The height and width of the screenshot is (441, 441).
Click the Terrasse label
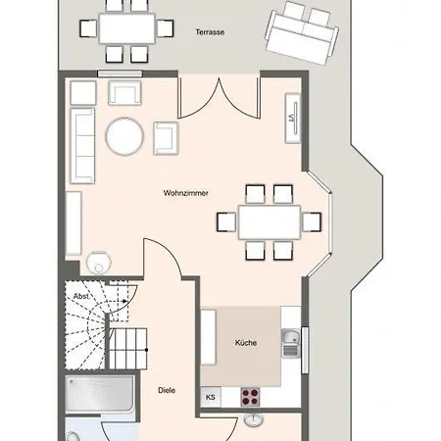click(210, 32)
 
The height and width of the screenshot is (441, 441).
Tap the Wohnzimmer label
click(185, 193)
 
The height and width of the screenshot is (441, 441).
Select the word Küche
click(246, 343)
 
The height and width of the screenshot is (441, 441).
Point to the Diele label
click(167, 390)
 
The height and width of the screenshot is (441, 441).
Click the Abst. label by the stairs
click(81, 296)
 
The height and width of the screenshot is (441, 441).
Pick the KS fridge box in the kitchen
click(211, 397)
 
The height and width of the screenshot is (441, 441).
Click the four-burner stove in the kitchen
click(250, 397)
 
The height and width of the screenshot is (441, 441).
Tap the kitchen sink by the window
click(290, 343)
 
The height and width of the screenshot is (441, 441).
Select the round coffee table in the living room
click(124, 136)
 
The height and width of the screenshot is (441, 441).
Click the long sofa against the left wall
click(82, 146)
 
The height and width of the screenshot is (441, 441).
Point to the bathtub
click(100, 394)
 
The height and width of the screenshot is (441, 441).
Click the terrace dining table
click(126, 28)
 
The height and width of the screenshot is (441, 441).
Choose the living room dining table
click(269, 222)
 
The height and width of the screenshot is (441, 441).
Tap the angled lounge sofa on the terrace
click(302, 33)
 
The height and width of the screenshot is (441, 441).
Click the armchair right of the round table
click(166, 138)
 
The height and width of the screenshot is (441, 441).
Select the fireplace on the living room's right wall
click(293, 119)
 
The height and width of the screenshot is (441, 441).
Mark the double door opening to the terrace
click(219, 98)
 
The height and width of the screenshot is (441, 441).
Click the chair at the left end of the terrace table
click(88, 28)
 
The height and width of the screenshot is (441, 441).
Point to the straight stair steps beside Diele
click(127, 349)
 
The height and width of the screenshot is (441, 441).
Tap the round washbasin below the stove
click(253, 419)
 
